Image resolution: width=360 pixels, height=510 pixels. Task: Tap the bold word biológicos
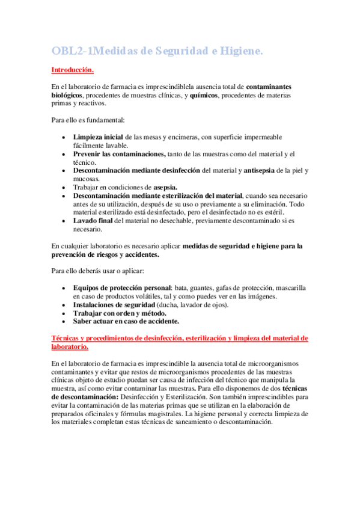click(67, 95)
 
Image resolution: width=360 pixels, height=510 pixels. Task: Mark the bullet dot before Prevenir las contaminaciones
click(64, 155)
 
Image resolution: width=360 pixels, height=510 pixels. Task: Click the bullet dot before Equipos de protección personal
click(64, 288)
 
